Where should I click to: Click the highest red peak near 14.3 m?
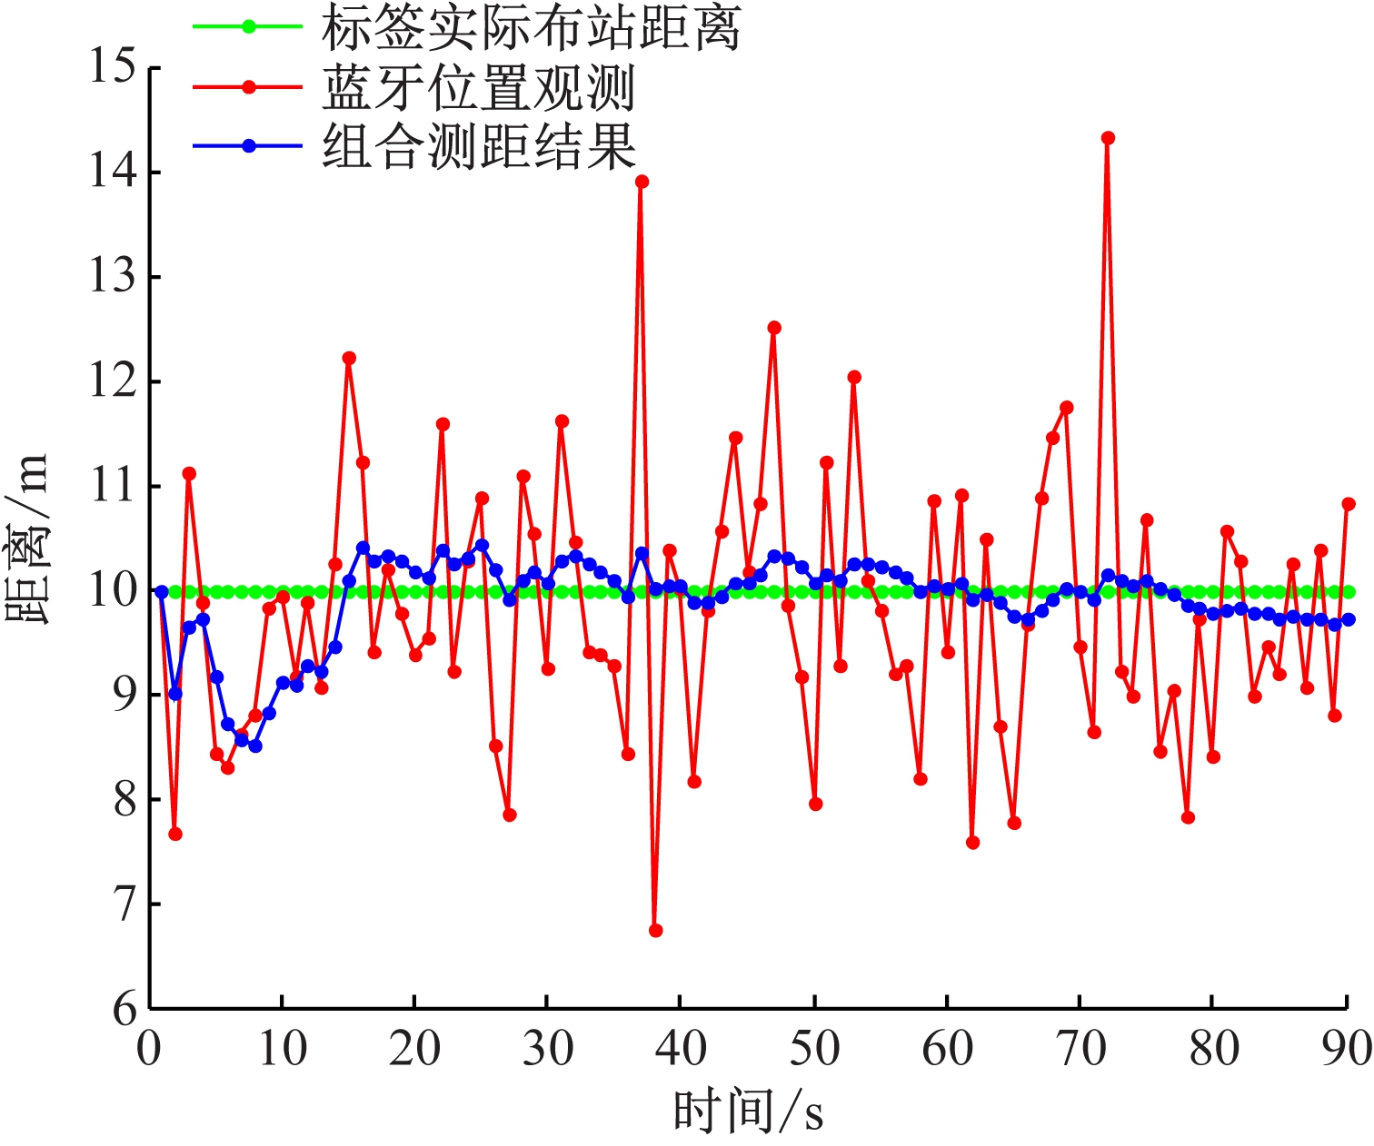pyautogui.click(x=1108, y=138)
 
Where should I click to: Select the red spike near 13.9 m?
pyautogui.click(x=642, y=182)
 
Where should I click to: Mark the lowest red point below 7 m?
pyautogui.click(x=656, y=931)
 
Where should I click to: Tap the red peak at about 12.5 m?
pyautogui.click(x=774, y=328)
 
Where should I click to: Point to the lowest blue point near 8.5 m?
pyautogui.click(x=255, y=746)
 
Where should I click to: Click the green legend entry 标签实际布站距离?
pyautogui.click(x=531, y=27)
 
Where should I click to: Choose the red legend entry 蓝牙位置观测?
pyautogui.click(x=478, y=87)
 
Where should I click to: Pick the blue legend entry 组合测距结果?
pyautogui.click(x=479, y=146)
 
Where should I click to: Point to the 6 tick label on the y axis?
pyautogui.click(x=125, y=1009)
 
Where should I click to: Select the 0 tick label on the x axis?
pyautogui.click(x=150, y=1049)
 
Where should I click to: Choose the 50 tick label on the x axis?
pyautogui.click(x=815, y=1049)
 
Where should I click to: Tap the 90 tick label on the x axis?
pyautogui.click(x=1347, y=1049)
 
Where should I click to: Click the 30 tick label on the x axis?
pyautogui.click(x=548, y=1049)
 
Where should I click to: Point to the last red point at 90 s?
pyautogui.click(x=1349, y=504)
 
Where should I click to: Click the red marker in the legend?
pyautogui.click(x=248, y=87)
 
